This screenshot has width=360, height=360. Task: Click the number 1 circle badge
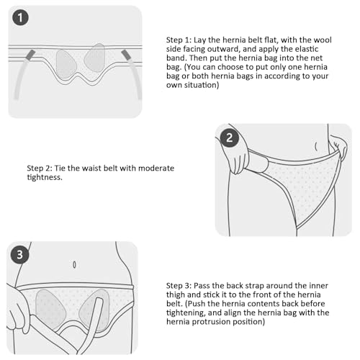20,17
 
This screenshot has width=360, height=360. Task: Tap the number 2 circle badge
230,138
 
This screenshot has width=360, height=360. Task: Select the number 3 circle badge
19,255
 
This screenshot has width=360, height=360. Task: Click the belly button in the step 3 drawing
74,265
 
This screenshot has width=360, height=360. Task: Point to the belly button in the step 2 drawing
316,146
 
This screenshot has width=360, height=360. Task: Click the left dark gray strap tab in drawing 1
30,55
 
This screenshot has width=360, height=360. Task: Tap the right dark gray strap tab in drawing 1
126,55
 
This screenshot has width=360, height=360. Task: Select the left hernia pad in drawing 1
66,63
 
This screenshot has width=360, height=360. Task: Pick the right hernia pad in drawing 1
94,58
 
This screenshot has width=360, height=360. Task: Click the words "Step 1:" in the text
179,40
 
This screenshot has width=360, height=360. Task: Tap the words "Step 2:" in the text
40,168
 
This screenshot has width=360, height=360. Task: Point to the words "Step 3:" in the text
179,286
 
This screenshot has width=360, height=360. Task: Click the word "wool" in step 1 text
323,40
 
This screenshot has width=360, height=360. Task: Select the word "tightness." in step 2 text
45,177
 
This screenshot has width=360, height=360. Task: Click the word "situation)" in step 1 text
202,85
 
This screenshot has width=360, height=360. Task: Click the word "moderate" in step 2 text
156,168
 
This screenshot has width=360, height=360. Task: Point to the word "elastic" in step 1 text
307,49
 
